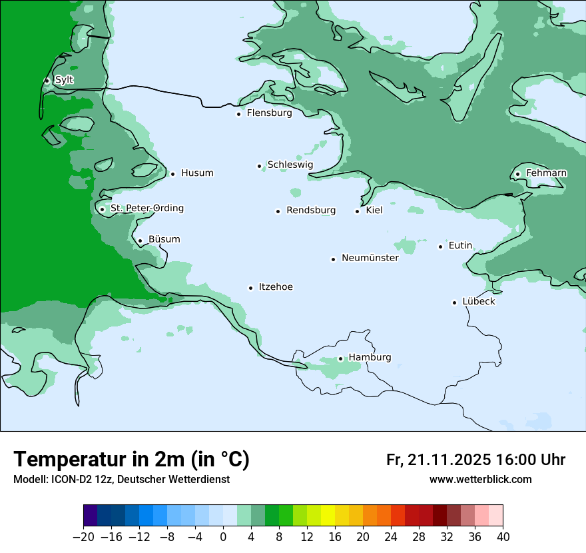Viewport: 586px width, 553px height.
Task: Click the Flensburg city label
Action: coord(269,113)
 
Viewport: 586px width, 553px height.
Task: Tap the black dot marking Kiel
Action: coord(358,211)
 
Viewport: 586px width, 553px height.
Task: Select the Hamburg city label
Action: coord(370,358)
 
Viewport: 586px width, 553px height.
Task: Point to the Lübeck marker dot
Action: coord(455,302)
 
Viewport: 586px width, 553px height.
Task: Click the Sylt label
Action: coord(64,80)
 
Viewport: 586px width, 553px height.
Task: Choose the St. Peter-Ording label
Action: coord(146,209)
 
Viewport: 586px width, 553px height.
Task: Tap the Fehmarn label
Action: coord(546,173)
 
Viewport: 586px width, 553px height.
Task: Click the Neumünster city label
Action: coord(370,258)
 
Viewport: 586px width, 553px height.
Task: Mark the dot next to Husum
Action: coord(172,174)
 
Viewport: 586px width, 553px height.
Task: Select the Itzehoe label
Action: coord(276,287)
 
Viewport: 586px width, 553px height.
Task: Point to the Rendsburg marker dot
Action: coord(278,211)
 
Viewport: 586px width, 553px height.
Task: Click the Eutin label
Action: coord(460,246)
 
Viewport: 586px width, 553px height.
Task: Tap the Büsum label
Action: coord(164,239)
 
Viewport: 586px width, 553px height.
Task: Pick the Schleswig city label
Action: coord(290,165)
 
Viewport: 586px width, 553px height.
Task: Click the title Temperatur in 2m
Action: coord(131,460)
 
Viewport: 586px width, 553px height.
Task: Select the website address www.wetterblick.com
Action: coord(480,480)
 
